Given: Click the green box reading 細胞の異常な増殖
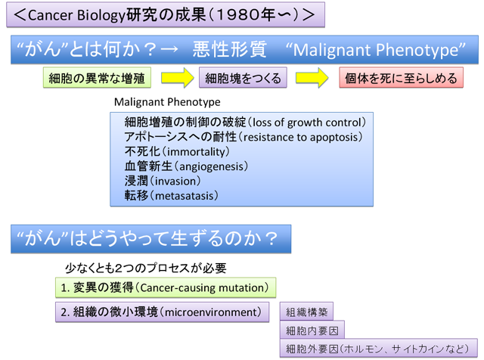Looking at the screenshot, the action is coord(97,78).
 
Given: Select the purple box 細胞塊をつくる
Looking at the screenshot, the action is coord(243,78).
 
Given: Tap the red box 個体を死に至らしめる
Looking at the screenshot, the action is coord(402,78).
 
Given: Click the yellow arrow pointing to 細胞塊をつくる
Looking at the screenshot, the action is coord(178,78).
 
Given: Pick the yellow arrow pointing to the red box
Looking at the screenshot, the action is coord(312,78).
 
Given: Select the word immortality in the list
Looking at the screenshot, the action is coord(196,152).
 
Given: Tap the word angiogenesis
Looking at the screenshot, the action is coord(212,166).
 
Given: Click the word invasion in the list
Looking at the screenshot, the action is coord(175,182).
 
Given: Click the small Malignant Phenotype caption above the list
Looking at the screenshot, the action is coord(167,102).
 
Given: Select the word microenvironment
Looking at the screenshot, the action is coord(211,312).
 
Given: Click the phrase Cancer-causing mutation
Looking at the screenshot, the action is coord(203,288).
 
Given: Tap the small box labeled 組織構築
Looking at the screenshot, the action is coord(306,312).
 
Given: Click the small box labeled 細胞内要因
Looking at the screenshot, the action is coord(312,330).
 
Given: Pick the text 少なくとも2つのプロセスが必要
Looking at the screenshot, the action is coord(146,268).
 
